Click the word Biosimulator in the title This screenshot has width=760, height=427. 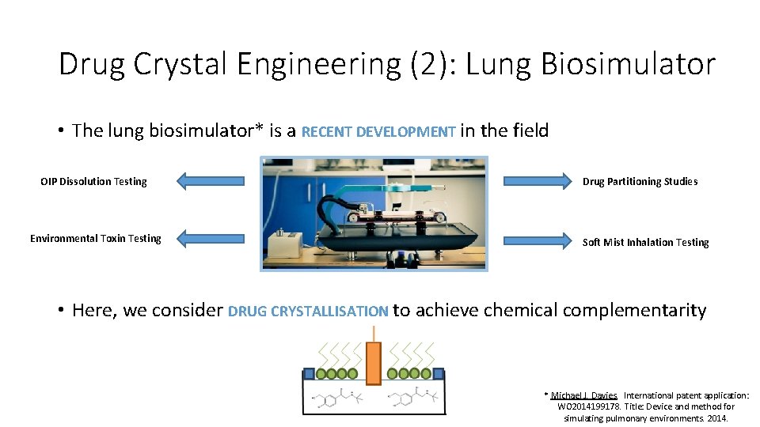point(628,64)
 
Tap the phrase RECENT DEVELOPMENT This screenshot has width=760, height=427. point(378,132)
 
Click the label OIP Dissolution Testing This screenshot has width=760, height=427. point(93,182)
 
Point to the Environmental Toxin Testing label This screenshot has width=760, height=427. point(95,239)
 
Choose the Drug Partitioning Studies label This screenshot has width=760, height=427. point(640,182)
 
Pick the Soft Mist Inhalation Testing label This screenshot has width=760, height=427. point(645,243)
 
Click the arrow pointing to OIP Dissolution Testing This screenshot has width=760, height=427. point(211,181)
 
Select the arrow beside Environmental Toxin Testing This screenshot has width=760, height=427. point(211,238)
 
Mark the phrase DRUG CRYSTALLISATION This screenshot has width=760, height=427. point(308,312)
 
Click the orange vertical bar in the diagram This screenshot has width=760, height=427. point(374,364)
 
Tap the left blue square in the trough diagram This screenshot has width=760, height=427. point(307,373)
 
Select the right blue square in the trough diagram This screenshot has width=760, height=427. point(438,373)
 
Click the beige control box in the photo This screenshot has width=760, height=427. point(286,245)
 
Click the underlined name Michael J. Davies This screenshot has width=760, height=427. point(584,395)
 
